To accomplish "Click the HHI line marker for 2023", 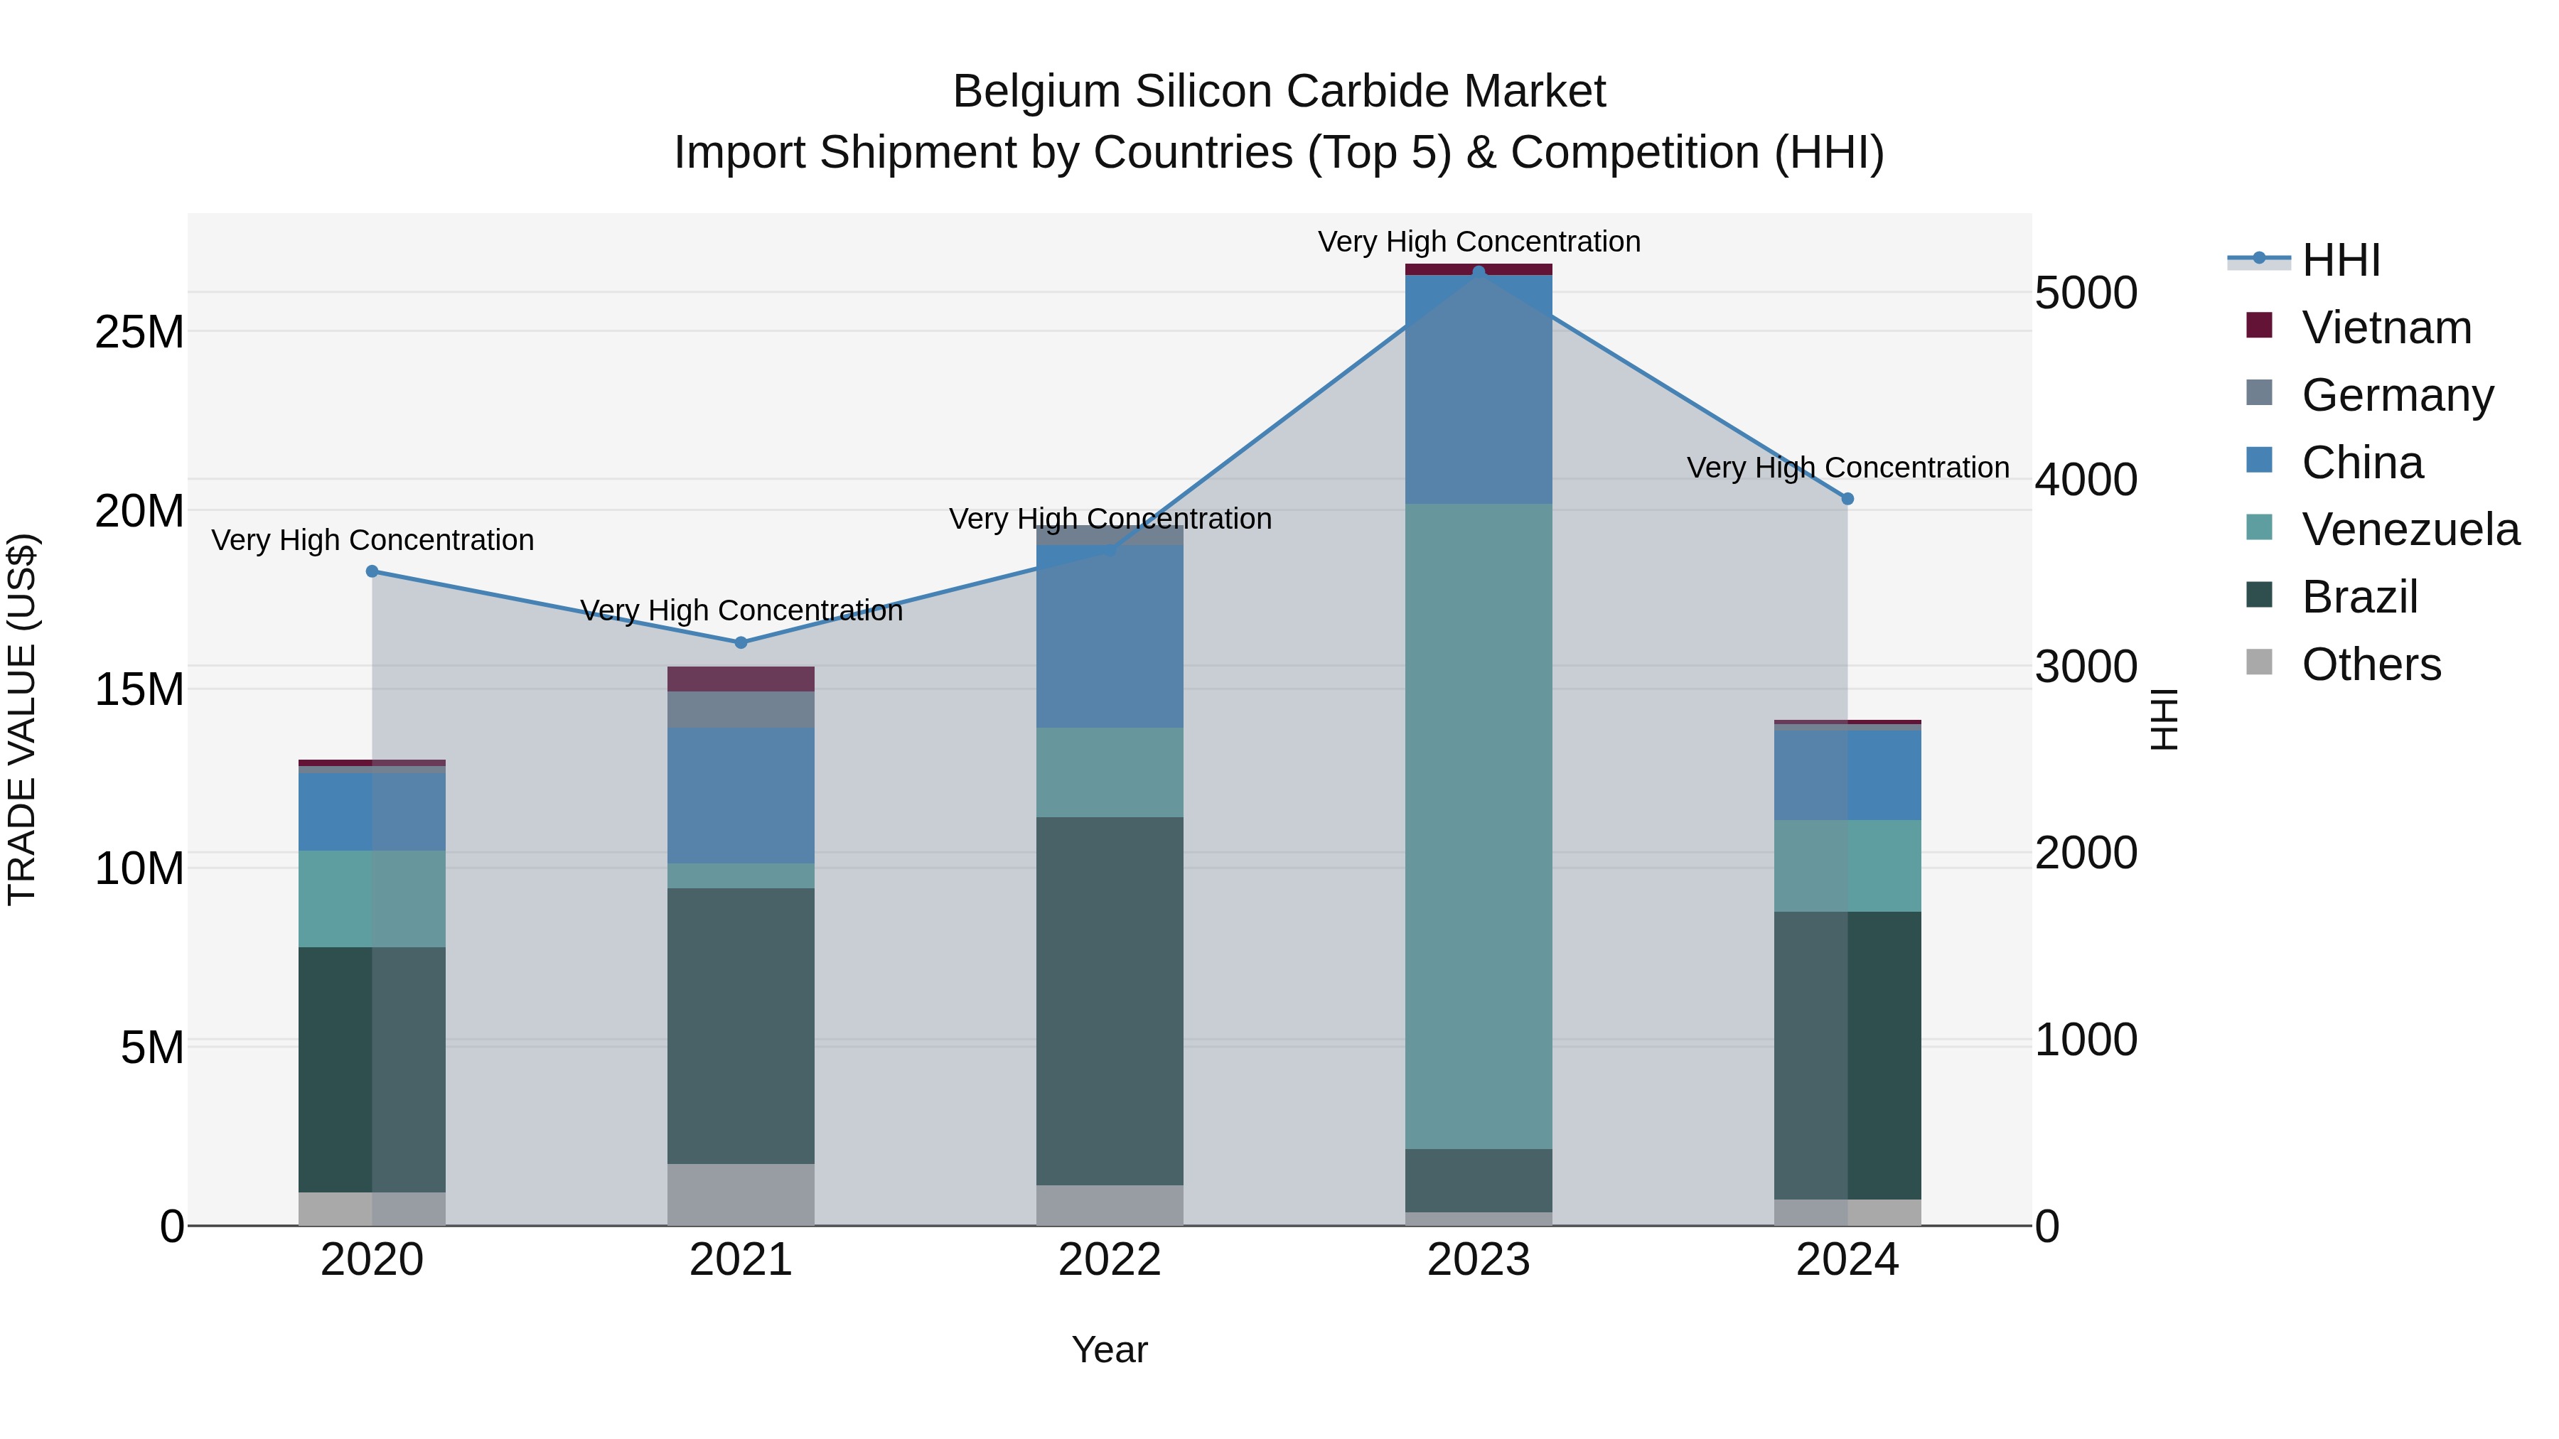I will point(1479,271).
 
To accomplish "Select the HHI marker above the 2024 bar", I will point(1847,499).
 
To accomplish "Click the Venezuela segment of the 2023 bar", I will point(1479,824).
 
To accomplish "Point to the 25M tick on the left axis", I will point(139,332).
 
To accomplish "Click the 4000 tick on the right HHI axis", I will point(2085,480).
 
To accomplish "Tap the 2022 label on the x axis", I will point(1110,1260).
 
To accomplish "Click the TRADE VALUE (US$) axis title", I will point(22,719).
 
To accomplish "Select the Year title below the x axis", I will point(1110,1349).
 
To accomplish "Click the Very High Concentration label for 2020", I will point(372,540).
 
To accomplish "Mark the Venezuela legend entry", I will point(2409,529).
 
